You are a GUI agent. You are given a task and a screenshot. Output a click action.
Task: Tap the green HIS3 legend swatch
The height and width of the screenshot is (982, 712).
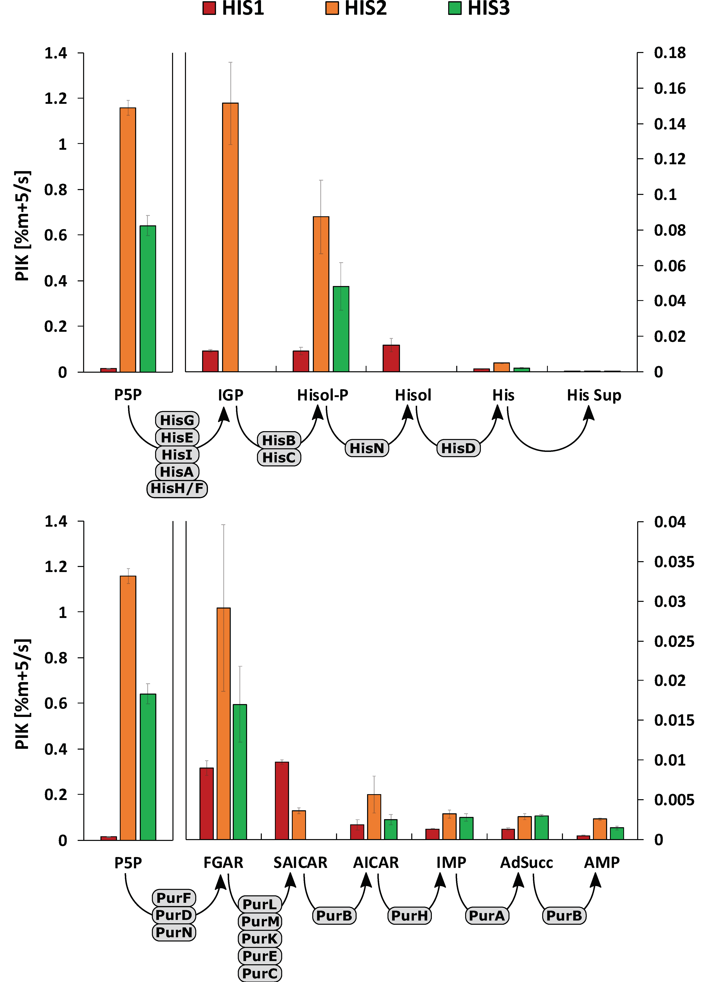[455, 8]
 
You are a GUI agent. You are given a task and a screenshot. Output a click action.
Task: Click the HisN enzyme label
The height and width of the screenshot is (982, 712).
[367, 448]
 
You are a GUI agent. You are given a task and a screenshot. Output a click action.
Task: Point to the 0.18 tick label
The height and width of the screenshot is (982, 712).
[669, 53]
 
